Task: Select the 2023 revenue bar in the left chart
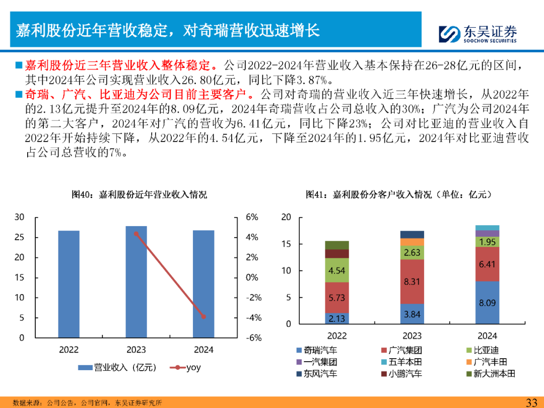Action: click(x=136, y=282)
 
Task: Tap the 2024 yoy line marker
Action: click(x=203, y=316)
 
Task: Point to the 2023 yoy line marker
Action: click(x=136, y=234)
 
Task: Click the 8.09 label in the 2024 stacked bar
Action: click(x=487, y=303)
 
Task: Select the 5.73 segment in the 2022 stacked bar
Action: click(x=337, y=298)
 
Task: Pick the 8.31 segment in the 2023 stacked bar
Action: click(x=412, y=282)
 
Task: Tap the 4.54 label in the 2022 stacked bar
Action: click(x=337, y=270)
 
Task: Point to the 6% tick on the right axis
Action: click(x=252, y=217)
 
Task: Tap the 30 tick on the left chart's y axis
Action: click(x=19, y=217)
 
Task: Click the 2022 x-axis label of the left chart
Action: click(x=69, y=350)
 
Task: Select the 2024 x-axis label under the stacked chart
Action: click(x=487, y=335)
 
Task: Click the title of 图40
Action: click(x=139, y=194)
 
